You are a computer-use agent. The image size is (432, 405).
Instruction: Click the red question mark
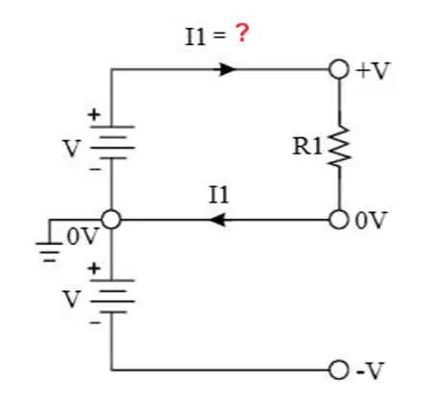click(x=242, y=33)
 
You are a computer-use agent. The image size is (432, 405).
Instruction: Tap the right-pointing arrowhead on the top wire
click(x=228, y=69)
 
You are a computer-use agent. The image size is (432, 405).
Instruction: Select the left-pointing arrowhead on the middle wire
click(x=218, y=220)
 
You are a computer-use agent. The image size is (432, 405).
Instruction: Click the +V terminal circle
click(x=339, y=69)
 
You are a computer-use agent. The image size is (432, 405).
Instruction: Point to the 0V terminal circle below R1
click(x=339, y=220)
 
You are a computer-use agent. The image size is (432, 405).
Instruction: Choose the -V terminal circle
click(x=339, y=370)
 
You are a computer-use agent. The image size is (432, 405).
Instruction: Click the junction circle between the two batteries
click(x=111, y=220)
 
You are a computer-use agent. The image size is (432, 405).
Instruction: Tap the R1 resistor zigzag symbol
click(x=340, y=146)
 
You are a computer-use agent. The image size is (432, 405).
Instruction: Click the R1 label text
click(x=307, y=146)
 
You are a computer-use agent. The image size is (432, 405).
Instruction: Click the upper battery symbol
click(x=112, y=142)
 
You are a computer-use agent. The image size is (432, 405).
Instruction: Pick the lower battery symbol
click(x=112, y=297)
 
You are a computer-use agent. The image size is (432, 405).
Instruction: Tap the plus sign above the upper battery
click(x=94, y=114)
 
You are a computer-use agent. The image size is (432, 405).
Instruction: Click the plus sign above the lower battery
click(x=94, y=269)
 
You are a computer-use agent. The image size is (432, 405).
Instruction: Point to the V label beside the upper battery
click(x=72, y=148)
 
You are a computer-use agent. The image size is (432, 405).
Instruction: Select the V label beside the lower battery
click(x=72, y=298)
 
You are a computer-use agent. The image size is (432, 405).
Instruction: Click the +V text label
click(x=372, y=70)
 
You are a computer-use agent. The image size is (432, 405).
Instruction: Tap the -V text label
click(x=370, y=371)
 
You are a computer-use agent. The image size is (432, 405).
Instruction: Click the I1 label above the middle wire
click(x=219, y=195)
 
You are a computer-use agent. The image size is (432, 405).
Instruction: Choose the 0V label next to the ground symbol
click(x=82, y=237)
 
